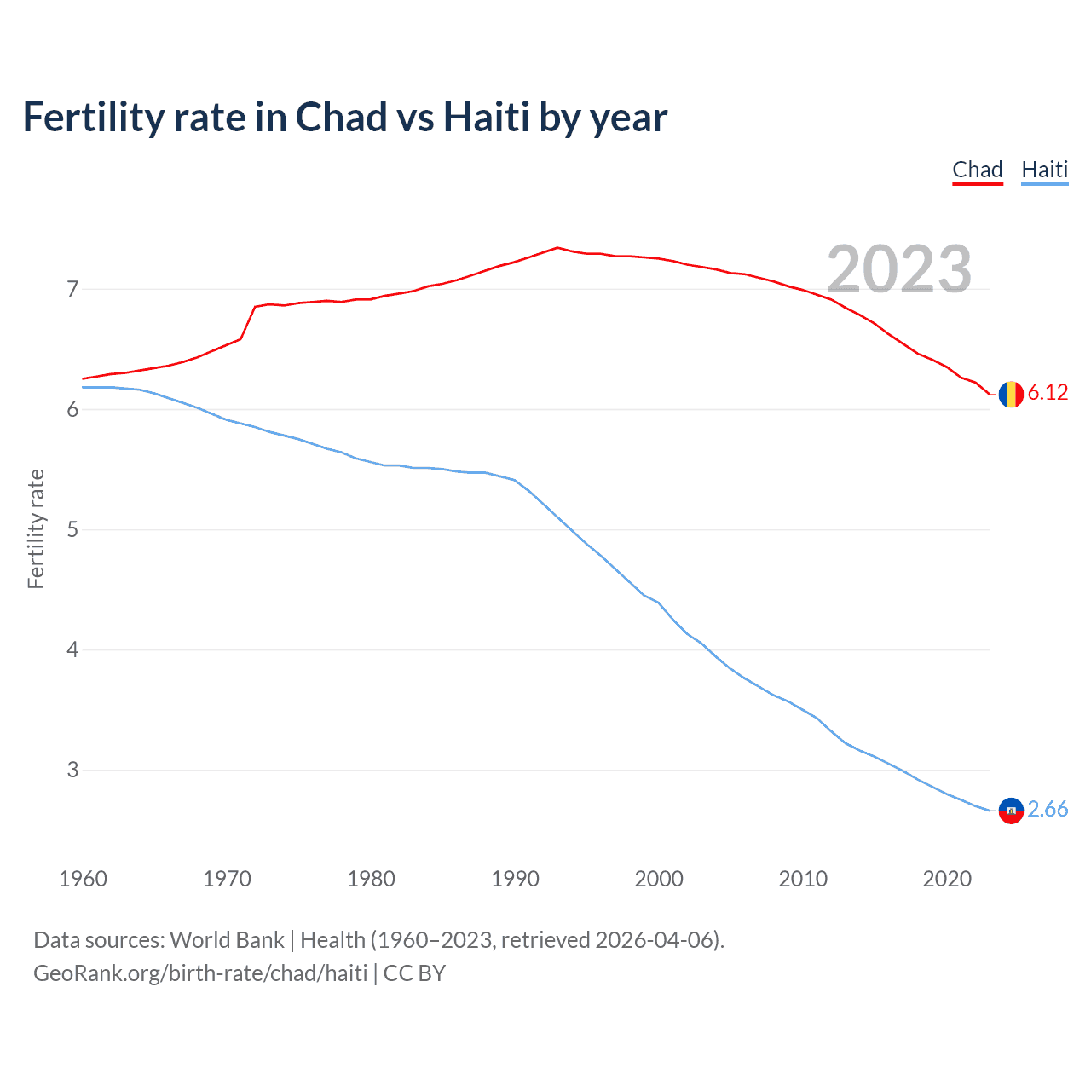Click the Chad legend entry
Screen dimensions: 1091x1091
pyautogui.click(x=977, y=170)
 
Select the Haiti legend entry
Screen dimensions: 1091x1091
pyautogui.click(x=1044, y=170)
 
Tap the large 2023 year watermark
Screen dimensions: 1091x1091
pyautogui.click(x=898, y=269)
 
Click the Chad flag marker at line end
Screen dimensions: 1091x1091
pyautogui.click(x=1011, y=394)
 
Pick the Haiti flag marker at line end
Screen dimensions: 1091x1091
pyautogui.click(x=1011, y=811)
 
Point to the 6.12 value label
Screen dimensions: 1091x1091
pyautogui.click(x=1048, y=392)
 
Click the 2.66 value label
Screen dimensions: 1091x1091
pyautogui.click(x=1048, y=809)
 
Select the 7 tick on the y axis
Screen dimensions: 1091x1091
pyautogui.click(x=72, y=290)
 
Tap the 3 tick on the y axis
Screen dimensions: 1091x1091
pyautogui.click(x=72, y=771)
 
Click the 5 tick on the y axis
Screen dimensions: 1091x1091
pyautogui.click(x=72, y=530)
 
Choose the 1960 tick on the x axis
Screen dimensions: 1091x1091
pyautogui.click(x=83, y=879)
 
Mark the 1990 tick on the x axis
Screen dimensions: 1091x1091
pyautogui.click(x=515, y=879)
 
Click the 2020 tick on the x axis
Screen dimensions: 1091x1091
pyautogui.click(x=947, y=879)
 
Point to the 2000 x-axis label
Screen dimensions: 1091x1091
pyautogui.click(x=659, y=879)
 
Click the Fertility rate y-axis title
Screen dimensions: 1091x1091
pyautogui.click(x=36, y=528)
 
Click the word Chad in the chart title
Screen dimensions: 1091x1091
pyautogui.click(x=341, y=118)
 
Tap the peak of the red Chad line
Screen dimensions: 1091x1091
pyautogui.click(x=557, y=248)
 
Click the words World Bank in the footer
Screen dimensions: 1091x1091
pyautogui.click(x=227, y=940)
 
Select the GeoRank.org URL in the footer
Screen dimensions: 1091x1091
pyautogui.click(x=200, y=973)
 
